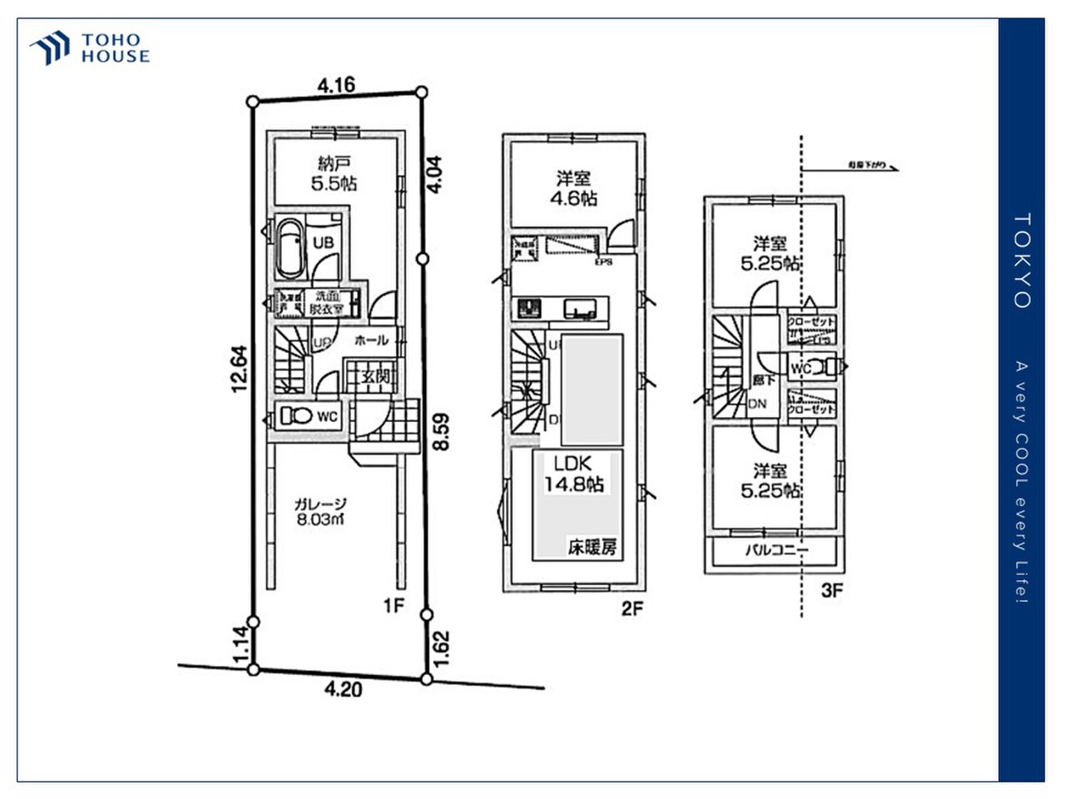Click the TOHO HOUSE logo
pos(90,48)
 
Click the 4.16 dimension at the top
pos(336,84)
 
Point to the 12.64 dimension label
pos(239,369)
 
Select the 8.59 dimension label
pos(442,432)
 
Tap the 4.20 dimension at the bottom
pos(343,689)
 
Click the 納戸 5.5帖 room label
pos(334,173)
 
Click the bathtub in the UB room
pos(290,247)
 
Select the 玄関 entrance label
pos(375,376)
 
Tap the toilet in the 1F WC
pos(295,414)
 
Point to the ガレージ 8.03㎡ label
pos(320,512)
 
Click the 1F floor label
pos(394,605)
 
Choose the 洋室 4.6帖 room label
pos(573,188)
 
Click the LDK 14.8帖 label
pos(573,474)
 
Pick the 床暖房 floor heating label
pos(592,547)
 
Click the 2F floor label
pos(632,608)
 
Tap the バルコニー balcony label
pos(775,550)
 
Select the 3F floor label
pos(832,591)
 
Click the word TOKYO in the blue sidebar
pos(1022,261)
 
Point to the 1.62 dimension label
pos(442,648)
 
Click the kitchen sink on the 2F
pos(580,309)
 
